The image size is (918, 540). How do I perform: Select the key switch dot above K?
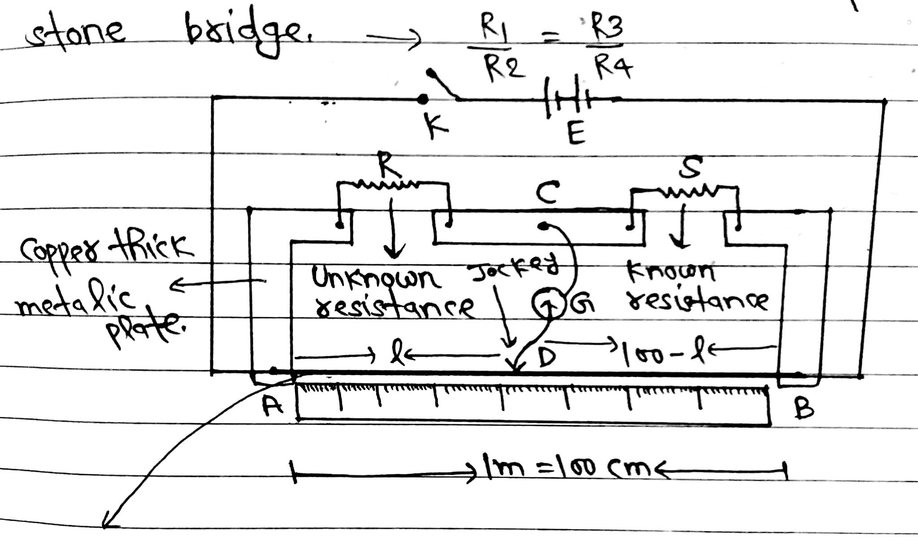pos(422,99)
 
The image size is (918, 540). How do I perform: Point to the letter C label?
pos(547,193)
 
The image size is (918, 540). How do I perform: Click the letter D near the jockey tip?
pos(546,357)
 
